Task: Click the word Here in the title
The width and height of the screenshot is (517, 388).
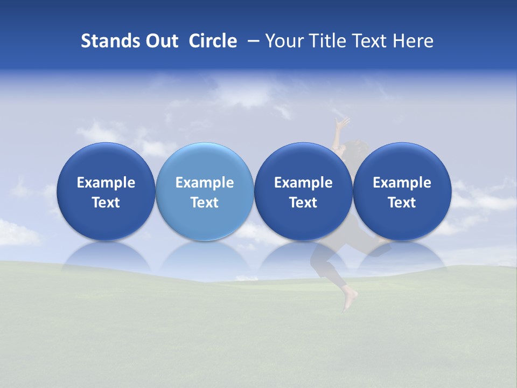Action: click(413, 41)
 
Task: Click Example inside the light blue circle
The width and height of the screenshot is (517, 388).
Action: click(204, 183)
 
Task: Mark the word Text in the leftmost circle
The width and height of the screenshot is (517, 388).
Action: click(106, 203)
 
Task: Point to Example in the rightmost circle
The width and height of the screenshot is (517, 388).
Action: click(402, 183)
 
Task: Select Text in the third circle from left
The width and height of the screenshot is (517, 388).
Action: click(303, 203)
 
